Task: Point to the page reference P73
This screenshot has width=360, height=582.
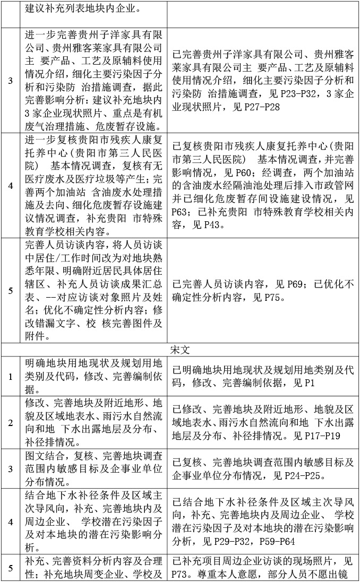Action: tap(182, 575)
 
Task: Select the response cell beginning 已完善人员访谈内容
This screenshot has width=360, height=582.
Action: tap(263, 291)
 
